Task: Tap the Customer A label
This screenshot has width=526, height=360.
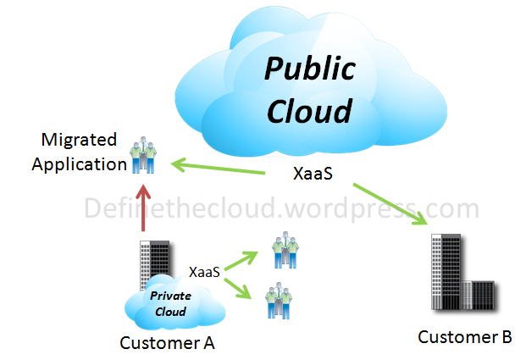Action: (x=167, y=343)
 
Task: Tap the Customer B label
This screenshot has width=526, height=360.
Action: (x=465, y=337)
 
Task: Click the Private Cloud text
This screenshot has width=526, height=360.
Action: (x=170, y=303)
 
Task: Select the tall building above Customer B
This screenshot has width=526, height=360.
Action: (x=448, y=268)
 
